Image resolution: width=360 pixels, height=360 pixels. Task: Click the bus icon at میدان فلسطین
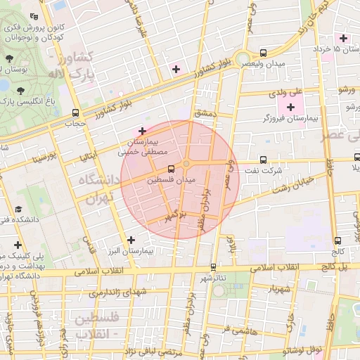(172, 169)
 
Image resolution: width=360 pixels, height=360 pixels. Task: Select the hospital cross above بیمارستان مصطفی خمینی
(143, 130)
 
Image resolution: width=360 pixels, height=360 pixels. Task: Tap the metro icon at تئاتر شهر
(213, 266)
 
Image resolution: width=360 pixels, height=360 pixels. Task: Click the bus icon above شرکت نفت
(263, 159)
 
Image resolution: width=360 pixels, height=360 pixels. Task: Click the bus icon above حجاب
(75, 112)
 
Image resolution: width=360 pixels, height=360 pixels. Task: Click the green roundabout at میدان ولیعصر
(243, 58)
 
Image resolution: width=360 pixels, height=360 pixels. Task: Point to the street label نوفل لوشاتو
(302, 350)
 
